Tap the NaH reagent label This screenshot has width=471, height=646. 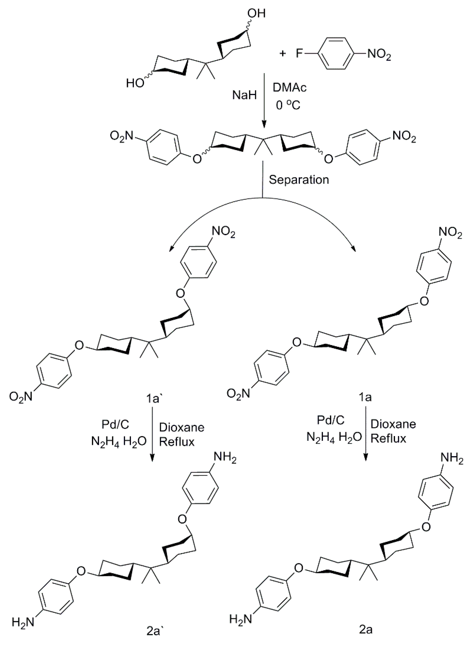pyautogui.click(x=245, y=95)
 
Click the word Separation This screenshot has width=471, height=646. pyautogui.click(x=299, y=180)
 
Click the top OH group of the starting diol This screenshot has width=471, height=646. pyautogui.click(x=256, y=13)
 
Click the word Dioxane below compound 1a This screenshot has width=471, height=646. pyautogui.click(x=393, y=424)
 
